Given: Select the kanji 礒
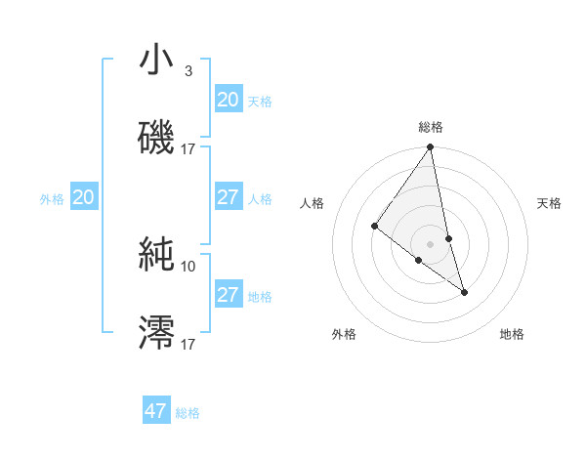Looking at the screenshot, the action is pos(157,136).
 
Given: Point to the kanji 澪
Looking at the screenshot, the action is pos(157,331).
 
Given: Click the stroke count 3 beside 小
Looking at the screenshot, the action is pos(188,71).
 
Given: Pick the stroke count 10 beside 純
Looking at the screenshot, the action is pos(188,266).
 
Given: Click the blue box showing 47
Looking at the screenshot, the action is pos(156,411).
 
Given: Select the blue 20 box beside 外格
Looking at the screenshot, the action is pos(84,198).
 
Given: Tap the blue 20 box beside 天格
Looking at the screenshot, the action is pos(229,100).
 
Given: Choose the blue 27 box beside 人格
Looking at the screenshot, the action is pos(229,197).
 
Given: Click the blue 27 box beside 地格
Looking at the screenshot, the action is pos(229,295).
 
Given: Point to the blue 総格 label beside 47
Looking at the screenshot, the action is pos(188,413).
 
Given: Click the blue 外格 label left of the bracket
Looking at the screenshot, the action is pos(52,199).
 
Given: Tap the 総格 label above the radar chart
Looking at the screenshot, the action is pos(431,127).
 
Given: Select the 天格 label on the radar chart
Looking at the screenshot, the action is pos(550,203).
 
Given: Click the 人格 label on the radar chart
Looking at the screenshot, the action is pos(313,203).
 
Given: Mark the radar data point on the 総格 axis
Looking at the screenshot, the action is pos(431,147).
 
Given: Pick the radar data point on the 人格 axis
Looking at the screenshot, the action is pos(374,226).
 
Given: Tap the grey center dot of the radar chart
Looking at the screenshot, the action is pos(431,243).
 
